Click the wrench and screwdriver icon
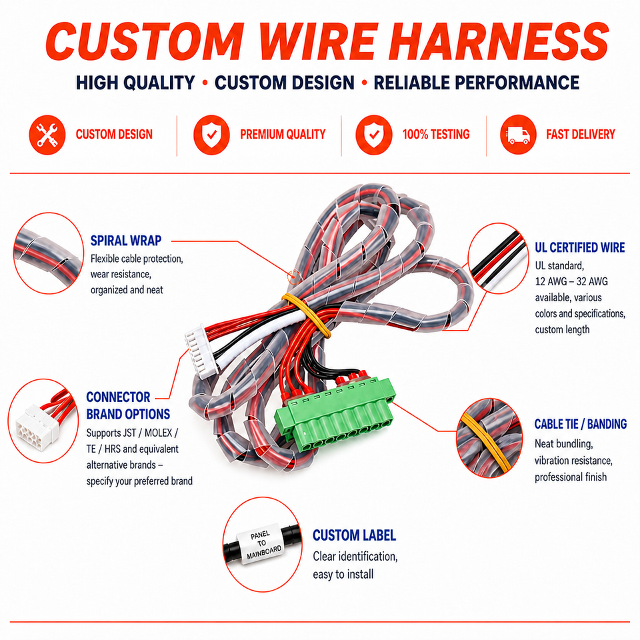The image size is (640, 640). pos(47,135)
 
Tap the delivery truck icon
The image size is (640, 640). pos(518,135)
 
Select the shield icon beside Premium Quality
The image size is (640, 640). pos(211,135)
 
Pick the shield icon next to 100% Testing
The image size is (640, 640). pos(373,135)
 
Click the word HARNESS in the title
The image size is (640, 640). pos(499,41)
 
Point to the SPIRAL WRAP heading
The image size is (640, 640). pos(126,241)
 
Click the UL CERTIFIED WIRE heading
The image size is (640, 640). pos(579,247)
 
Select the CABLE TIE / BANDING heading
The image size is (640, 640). pos(581,424)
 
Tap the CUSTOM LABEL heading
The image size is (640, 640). pos(354,535)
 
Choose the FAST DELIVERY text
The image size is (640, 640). pos(581,134)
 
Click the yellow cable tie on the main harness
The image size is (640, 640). pos(307,315)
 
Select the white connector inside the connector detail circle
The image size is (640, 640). pos(37,425)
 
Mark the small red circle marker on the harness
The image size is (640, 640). pos(293,277)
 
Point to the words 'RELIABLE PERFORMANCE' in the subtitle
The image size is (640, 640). pos(476,83)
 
